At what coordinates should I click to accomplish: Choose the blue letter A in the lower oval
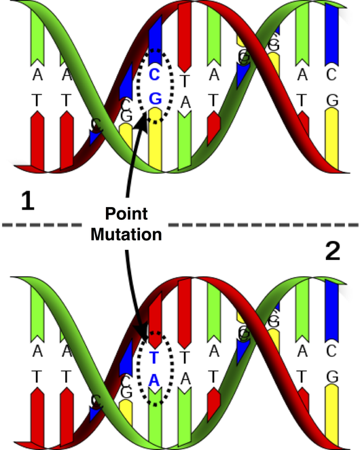154,381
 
